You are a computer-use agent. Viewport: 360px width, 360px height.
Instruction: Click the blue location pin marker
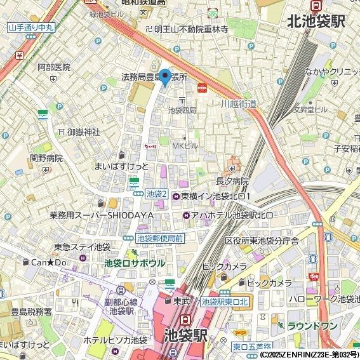(164, 77)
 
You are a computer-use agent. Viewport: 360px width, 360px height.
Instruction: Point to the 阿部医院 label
(53, 67)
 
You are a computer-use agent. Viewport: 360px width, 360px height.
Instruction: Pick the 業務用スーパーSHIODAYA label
(102, 216)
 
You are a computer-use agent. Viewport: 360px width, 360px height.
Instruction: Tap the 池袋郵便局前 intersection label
(160, 239)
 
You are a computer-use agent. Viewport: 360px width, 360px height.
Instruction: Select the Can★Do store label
(48, 262)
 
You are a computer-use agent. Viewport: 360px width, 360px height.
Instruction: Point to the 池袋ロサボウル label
(135, 263)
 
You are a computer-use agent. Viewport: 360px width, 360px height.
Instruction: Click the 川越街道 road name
(239, 103)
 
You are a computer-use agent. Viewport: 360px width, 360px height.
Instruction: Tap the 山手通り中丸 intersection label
(30, 27)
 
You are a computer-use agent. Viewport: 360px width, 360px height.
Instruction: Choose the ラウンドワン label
(312, 326)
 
